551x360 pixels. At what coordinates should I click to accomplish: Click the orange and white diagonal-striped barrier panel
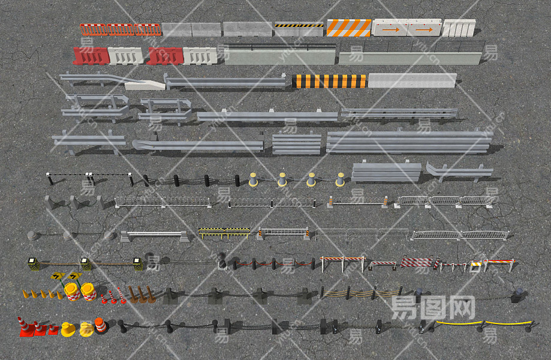(x=348, y=28)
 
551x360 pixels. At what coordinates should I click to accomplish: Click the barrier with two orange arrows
(x=407, y=27)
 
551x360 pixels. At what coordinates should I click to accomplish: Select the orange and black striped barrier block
(x=329, y=81)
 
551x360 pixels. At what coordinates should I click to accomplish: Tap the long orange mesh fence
(x=121, y=29)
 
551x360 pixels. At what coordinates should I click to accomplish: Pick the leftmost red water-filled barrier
(x=91, y=56)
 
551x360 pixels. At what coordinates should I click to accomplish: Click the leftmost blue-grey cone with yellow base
(x=254, y=179)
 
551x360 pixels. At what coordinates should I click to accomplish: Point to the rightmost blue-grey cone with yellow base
(x=340, y=179)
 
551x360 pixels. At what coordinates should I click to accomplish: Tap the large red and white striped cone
(x=25, y=327)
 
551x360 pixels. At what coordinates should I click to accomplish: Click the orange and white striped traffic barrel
(x=100, y=325)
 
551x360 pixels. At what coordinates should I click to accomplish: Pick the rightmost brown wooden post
(x=149, y=294)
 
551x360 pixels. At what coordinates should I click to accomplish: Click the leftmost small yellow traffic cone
(x=25, y=293)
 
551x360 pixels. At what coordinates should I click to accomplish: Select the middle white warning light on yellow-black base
(x=86, y=263)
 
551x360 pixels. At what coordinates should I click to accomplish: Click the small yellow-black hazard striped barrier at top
(x=299, y=26)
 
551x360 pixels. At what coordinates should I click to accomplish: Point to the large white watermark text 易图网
(x=433, y=307)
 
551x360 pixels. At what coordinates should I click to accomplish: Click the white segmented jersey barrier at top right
(x=459, y=28)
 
